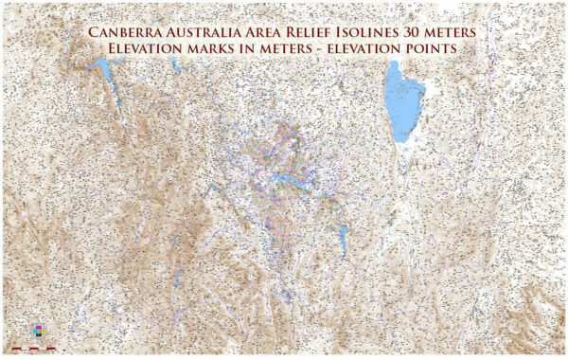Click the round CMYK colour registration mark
click(x=38, y=331)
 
